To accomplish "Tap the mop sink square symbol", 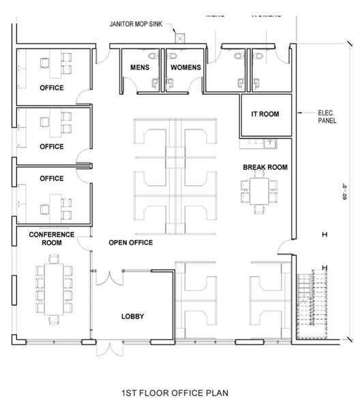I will click(x=180, y=38).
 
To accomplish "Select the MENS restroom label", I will click(x=140, y=68).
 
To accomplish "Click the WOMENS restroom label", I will click(x=185, y=68).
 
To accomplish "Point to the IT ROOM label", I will click(x=265, y=115).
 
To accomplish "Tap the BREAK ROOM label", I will click(x=265, y=167).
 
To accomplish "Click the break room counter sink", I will click(x=269, y=144).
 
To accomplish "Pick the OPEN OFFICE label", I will click(x=130, y=243).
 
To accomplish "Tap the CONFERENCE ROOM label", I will click(x=51, y=238).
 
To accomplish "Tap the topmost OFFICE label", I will click(x=51, y=88).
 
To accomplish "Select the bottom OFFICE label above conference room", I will click(x=51, y=179).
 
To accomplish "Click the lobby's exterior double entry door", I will click(x=107, y=347).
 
